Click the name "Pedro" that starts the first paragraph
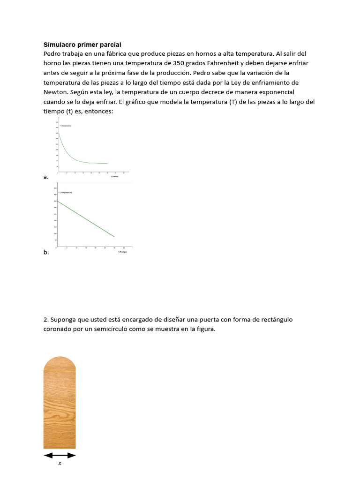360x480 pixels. pos(53,53)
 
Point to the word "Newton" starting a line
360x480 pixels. pos(56,92)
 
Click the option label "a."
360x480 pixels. pos(46,177)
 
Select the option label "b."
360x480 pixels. pos(46,252)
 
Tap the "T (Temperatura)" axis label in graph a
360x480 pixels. pos(66,126)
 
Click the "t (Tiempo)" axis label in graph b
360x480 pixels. pos(123,252)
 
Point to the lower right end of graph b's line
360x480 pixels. pos(114,236)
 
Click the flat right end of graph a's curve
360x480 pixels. pos(107,163)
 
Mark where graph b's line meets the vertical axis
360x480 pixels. pos(57,201)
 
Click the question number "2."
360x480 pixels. pos(46,319)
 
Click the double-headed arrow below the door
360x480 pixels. pos(60,455)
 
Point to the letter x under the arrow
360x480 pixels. pos(60,464)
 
